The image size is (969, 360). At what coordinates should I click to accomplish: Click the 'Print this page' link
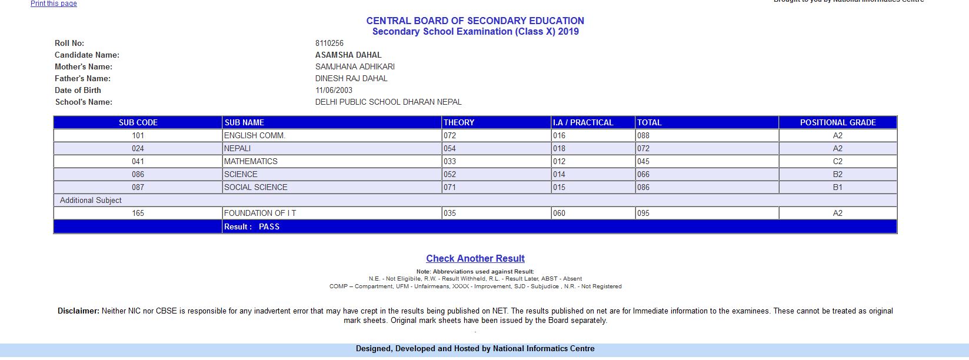(x=54, y=4)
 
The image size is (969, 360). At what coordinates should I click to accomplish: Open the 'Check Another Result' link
(x=475, y=258)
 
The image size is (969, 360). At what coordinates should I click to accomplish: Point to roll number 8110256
(x=329, y=43)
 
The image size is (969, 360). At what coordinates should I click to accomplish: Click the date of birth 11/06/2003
(x=334, y=90)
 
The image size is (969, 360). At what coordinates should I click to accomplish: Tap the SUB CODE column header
(x=138, y=122)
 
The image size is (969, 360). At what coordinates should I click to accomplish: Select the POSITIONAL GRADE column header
(x=837, y=122)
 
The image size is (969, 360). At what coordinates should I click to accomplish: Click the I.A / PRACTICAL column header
(x=582, y=122)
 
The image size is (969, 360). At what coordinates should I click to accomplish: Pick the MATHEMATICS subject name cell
(x=251, y=161)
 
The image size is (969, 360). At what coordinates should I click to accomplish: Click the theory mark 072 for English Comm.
(x=450, y=135)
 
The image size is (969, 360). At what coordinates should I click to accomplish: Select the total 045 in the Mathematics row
(x=643, y=161)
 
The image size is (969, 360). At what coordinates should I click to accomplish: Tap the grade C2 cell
(x=837, y=161)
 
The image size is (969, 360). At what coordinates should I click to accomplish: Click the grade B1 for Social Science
(x=837, y=187)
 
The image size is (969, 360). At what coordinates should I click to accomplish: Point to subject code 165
(x=138, y=213)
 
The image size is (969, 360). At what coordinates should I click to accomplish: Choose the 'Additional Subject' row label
(x=91, y=200)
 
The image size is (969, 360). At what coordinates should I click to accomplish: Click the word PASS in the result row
(x=269, y=226)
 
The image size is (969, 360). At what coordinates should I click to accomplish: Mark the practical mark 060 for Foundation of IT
(x=559, y=213)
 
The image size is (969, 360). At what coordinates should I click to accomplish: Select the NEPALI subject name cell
(x=237, y=148)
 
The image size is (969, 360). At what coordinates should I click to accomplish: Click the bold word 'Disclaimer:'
(x=78, y=311)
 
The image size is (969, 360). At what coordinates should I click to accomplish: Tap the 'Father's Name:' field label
(x=82, y=78)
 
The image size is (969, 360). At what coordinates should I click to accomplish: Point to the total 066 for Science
(x=643, y=174)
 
